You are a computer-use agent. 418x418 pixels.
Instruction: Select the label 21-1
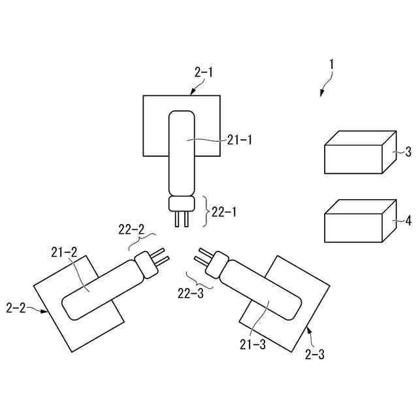(x=240, y=139)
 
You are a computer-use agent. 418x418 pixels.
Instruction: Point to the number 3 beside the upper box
(x=408, y=152)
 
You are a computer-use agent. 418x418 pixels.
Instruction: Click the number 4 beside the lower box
(x=408, y=221)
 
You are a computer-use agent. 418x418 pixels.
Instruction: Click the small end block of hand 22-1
(x=181, y=204)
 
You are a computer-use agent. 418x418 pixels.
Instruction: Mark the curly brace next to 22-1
(x=206, y=211)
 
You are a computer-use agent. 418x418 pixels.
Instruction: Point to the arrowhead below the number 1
(x=321, y=95)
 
